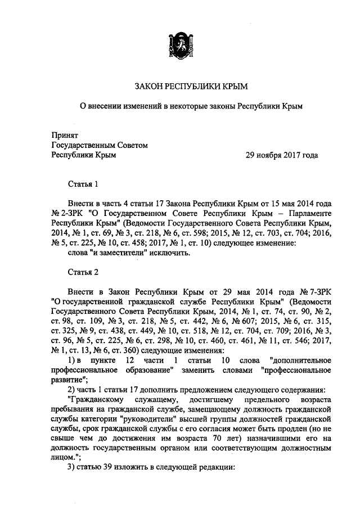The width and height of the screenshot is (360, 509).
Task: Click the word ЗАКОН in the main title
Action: (x=148, y=86)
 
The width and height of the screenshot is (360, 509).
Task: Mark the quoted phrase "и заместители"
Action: (x=122, y=253)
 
